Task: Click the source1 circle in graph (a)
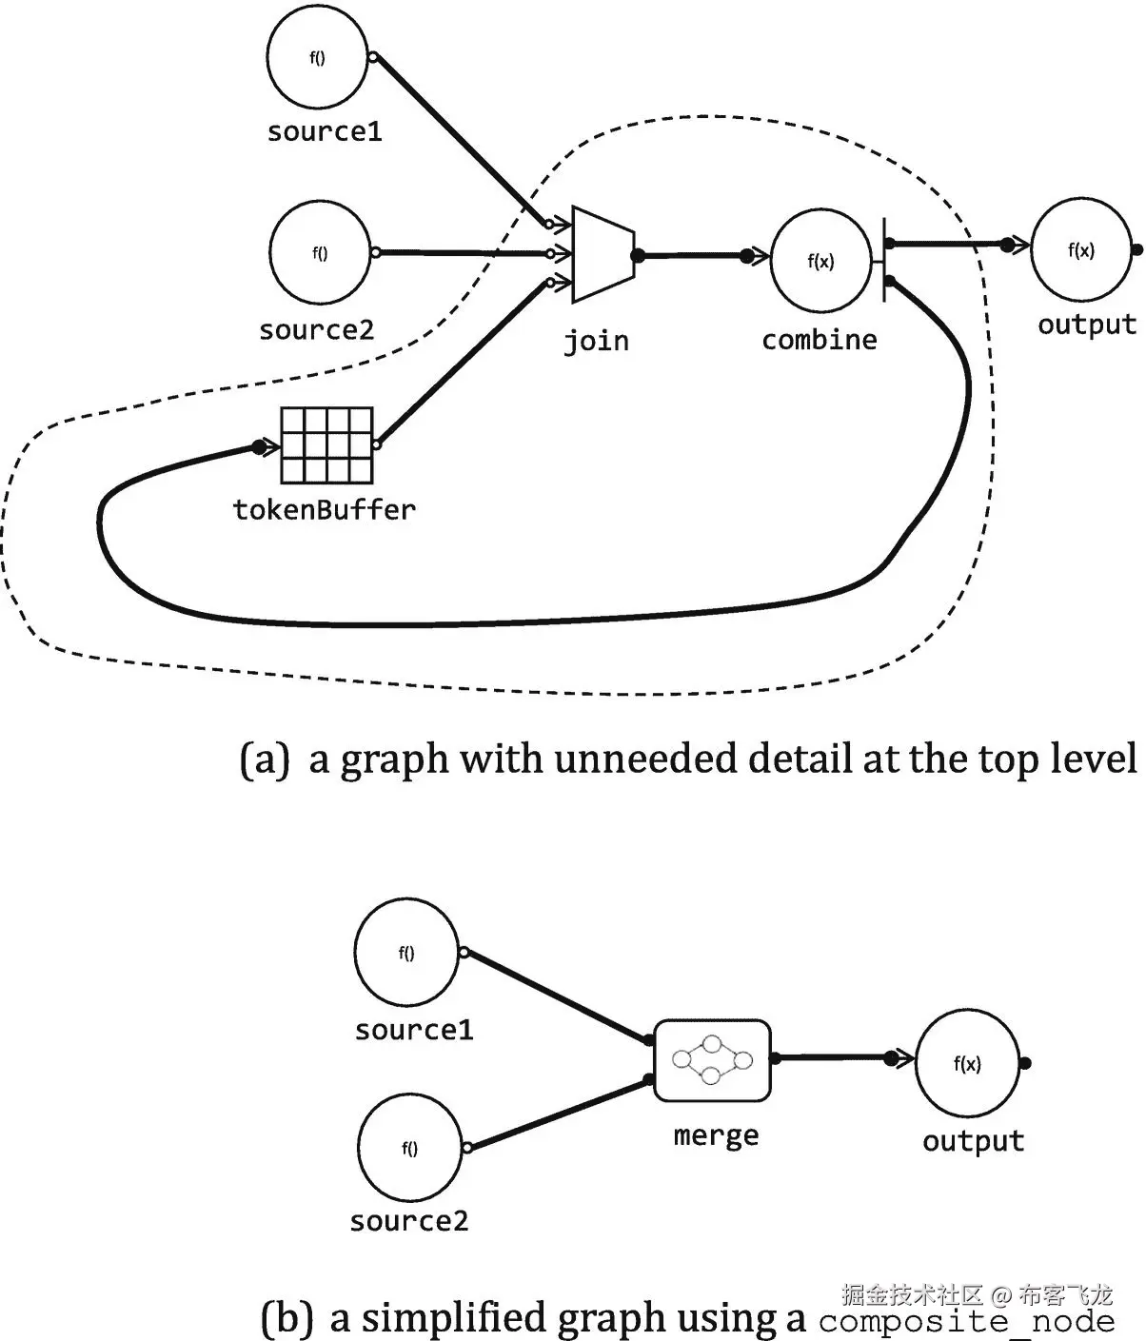click(x=317, y=59)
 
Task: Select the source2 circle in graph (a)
click(x=320, y=253)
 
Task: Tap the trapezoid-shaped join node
click(x=602, y=254)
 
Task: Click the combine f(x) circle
click(x=820, y=261)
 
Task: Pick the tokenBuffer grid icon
click(x=326, y=445)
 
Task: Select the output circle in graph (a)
click(x=1081, y=250)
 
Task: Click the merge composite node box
click(x=712, y=1060)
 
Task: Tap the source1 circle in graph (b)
click(x=406, y=953)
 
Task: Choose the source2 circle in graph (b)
click(x=409, y=1148)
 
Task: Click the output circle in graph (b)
click(x=967, y=1064)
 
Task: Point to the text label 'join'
click(x=596, y=341)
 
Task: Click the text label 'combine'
click(x=820, y=340)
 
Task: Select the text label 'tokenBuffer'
click(x=325, y=510)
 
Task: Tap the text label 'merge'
click(x=716, y=1135)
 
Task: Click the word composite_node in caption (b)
click(x=966, y=1320)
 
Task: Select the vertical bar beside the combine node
click(x=885, y=259)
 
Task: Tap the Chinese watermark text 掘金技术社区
click(x=912, y=1294)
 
